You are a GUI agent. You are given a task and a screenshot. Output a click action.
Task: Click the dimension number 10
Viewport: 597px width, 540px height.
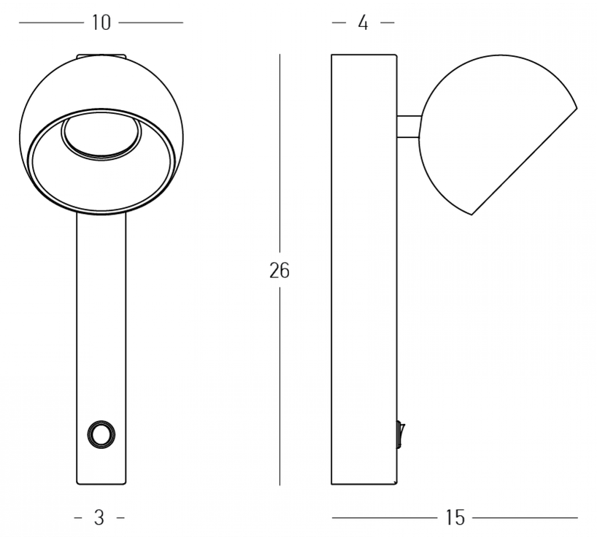[x=101, y=23]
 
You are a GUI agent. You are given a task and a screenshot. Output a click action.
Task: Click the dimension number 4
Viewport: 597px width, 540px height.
[x=363, y=23]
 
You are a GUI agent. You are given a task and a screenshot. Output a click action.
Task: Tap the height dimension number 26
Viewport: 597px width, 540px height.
[x=280, y=271]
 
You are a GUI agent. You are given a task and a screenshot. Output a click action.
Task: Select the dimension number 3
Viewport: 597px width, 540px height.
[x=99, y=518]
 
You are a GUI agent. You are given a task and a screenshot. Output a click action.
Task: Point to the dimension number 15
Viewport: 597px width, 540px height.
[x=455, y=518]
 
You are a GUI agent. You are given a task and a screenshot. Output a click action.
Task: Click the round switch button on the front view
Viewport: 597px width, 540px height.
[x=101, y=434]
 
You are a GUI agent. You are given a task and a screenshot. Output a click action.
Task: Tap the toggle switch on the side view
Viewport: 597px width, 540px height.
[x=401, y=434]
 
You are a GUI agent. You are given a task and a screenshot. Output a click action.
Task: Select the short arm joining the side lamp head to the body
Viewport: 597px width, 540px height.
[x=409, y=126]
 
